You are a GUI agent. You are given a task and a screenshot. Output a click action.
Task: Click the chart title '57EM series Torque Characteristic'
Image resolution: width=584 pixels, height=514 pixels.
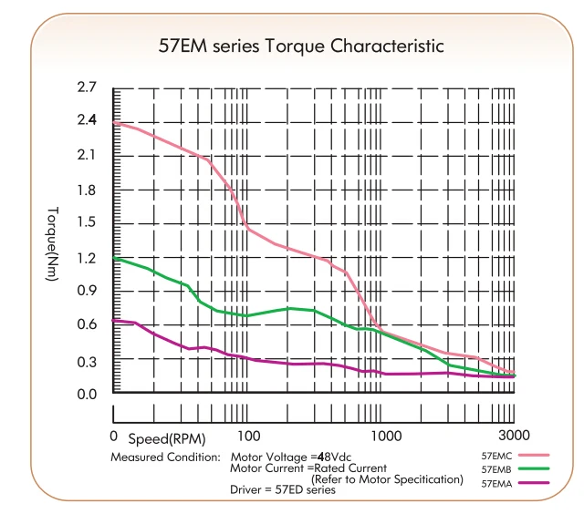(301, 46)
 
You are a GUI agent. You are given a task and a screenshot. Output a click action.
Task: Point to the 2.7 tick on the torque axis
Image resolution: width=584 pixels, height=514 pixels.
(87, 87)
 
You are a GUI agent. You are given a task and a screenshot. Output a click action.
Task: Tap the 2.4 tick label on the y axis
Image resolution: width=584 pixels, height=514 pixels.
(87, 119)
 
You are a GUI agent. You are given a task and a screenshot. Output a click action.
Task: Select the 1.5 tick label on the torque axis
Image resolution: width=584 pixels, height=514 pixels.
(87, 222)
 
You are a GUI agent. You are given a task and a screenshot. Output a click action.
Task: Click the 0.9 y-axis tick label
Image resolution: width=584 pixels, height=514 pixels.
(87, 291)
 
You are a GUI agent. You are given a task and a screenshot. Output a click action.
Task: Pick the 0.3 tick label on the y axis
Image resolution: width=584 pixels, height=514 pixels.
(87, 362)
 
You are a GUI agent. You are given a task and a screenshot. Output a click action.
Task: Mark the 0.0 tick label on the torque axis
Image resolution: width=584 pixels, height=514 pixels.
(87, 394)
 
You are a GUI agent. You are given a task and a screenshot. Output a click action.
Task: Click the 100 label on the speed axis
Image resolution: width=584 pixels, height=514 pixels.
(249, 436)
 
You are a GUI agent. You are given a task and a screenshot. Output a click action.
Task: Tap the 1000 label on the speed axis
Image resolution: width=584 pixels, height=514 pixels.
(386, 436)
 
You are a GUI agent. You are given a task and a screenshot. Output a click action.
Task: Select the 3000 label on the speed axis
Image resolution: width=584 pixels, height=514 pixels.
(514, 435)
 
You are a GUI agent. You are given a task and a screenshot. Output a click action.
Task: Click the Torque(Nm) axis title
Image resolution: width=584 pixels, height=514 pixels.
(53, 244)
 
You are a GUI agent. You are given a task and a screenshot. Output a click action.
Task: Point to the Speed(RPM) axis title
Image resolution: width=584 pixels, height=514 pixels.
(167, 439)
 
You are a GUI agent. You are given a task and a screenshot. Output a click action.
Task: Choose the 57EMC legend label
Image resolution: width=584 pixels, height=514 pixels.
(496, 456)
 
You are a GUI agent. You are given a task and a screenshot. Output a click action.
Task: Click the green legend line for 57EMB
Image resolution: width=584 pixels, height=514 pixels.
(534, 468)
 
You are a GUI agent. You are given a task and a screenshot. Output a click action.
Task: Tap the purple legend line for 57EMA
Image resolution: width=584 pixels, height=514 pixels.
(534, 483)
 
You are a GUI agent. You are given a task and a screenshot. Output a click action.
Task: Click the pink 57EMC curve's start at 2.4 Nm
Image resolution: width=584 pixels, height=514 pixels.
(113, 122)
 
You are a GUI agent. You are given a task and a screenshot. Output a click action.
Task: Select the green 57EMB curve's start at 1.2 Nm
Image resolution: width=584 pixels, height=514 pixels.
(113, 258)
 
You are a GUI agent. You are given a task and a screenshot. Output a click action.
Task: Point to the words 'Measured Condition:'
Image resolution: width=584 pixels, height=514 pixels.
(166, 457)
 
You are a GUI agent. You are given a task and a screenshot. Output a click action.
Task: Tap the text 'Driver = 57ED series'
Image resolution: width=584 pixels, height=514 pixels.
(283, 489)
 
